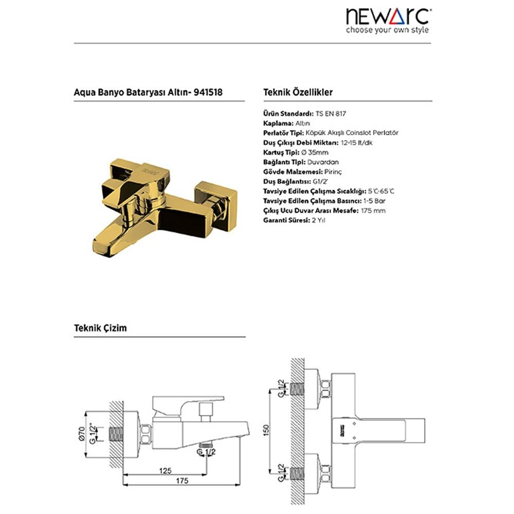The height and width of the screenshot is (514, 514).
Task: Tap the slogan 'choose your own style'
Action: pyautogui.click(x=387, y=30)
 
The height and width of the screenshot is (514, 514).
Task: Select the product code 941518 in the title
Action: pyautogui.click(x=208, y=92)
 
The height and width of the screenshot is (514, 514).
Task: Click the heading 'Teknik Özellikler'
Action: pyautogui.click(x=298, y=92)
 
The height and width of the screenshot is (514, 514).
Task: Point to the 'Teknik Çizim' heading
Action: pyautogui.click(x=100, y=328)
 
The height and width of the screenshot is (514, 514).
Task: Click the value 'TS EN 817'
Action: pyautogui.click(x=331, y=114)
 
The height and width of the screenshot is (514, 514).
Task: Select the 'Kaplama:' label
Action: pyautogui.click(x=278, y=123)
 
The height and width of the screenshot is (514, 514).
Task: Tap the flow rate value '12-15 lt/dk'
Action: pyautogui.click(x=357, y=143)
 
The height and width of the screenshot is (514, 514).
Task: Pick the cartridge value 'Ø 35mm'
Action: pyautogui.click(x=315, y=153)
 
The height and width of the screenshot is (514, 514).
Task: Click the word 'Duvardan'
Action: pyautogui.click(x=323, y=162)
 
